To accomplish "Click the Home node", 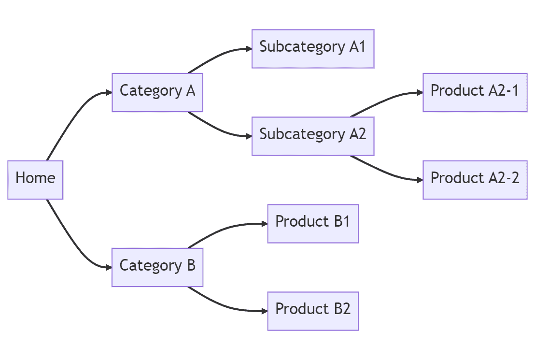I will coord(35,180).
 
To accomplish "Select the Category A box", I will coord(157,92).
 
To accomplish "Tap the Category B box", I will coord(157,267).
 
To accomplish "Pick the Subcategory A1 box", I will coord(313,49).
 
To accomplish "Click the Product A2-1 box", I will coord(475,92).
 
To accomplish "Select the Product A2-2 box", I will coord(475,180).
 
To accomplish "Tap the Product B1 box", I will coord(313,223).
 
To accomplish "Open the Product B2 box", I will coord(313,311).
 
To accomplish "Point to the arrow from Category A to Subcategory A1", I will coord(217,54).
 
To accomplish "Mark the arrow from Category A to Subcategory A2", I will coord(217,130).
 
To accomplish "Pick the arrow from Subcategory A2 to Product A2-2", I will coord(384,171).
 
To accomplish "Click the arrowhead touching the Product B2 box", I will coord(264,311).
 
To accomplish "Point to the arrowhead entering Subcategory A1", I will coord(248,49).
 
